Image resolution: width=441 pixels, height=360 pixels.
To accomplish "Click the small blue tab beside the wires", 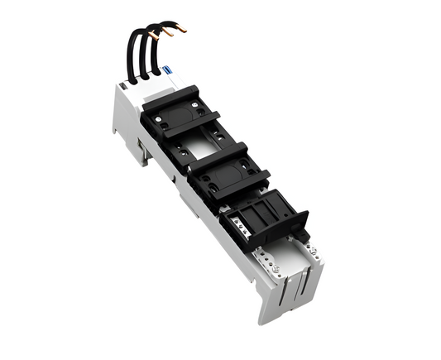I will (x=165, y=73).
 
